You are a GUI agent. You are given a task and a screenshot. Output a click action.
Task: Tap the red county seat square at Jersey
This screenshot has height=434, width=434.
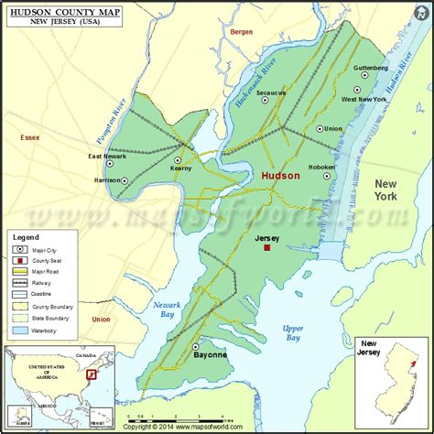click(267, 247)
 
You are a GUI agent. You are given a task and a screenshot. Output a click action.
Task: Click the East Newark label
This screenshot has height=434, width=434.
click(108, 157)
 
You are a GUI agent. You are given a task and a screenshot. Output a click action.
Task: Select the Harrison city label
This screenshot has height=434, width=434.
click(107, 179)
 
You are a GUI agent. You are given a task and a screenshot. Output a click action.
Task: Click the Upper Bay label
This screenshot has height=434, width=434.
click(292, 332)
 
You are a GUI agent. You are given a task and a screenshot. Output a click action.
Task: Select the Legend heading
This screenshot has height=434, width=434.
click(28, 238)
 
